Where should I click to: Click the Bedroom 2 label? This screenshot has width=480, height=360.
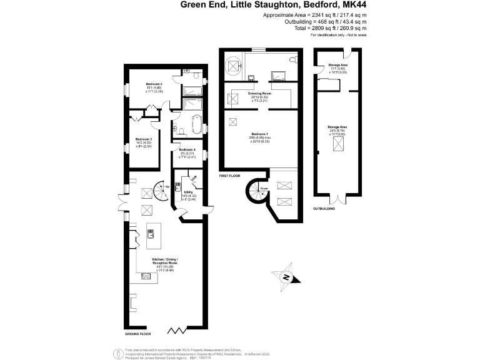[x=154, y=84]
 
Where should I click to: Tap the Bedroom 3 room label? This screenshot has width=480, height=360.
[x=144, y=139]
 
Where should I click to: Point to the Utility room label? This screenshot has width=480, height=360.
[x=187, y=191]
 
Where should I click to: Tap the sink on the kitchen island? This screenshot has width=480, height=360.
[x=152, y=234]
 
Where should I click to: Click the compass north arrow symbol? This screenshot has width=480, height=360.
[x=285, y=277]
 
